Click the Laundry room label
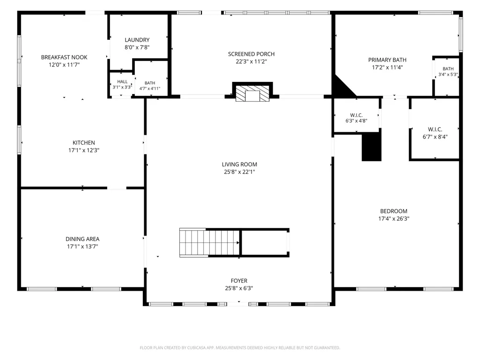pos(137,44)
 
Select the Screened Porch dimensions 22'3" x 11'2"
pos(251,61)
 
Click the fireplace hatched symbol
pos(252,93)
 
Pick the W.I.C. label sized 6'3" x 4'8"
pos(356,118)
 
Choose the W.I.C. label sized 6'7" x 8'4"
pos(435,133)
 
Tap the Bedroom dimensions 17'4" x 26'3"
pos(394,219)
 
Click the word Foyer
pos(239,281)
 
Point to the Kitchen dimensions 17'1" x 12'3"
pos(84,150)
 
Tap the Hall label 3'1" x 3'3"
pos(122,84)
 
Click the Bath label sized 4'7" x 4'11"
pos(150,86)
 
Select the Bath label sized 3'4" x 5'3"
pos(448,72)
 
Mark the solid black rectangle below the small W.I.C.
pos(372,147)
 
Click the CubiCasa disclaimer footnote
pos(240,348)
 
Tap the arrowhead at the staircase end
pos(238,243)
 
